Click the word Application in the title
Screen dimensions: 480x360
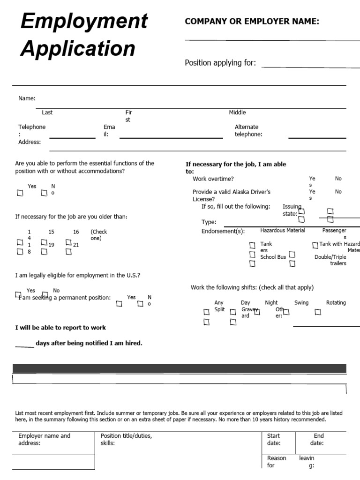click(x=78, y=48)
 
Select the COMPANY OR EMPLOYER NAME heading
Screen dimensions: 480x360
click(x=252, y=21)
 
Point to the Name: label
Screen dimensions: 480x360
click(x=27, y=98)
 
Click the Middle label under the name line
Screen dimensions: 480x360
click(x=237, y=112)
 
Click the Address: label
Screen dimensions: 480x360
click(x=30, y=142)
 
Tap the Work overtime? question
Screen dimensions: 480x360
click(x=213, y=179)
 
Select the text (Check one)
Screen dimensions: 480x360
click(x=98, y=235)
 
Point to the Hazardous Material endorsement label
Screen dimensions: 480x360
click(x=283, y=231)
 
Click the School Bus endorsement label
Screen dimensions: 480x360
click(x=273, y=257)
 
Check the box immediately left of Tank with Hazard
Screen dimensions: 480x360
click(x=315, y=245)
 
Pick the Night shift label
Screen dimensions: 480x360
click(x=271, y=303)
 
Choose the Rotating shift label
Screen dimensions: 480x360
click(x=336, y=303)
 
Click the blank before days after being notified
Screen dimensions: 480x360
click(x=24, y=345)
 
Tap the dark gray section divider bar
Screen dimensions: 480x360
click(x=180, y=368)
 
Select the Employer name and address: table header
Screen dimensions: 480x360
click(x=44, y=439)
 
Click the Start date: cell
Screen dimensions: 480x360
click(x=274, y=439)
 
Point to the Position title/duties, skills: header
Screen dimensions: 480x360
click(x=127, y=439)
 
